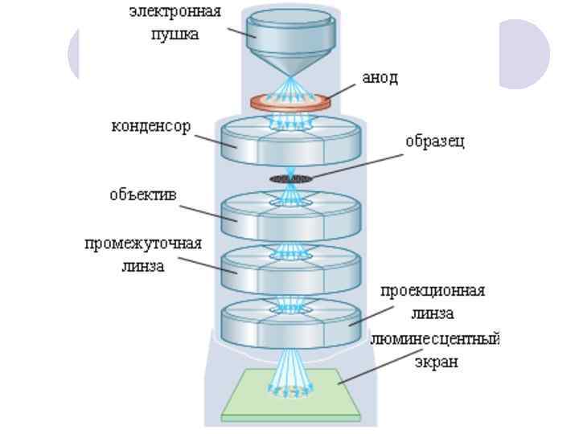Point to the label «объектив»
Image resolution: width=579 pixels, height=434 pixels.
[145, 195]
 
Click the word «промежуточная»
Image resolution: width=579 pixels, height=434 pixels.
[143, 244]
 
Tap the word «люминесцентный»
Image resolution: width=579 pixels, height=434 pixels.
[435, 339]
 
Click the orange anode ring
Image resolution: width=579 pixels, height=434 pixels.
[290, 103]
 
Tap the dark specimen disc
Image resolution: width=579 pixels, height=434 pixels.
[290, 178]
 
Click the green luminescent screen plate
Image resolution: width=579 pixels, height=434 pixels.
[290, 399]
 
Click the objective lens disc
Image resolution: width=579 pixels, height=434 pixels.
[290, 217]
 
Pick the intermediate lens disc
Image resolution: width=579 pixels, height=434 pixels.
[290, 270]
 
